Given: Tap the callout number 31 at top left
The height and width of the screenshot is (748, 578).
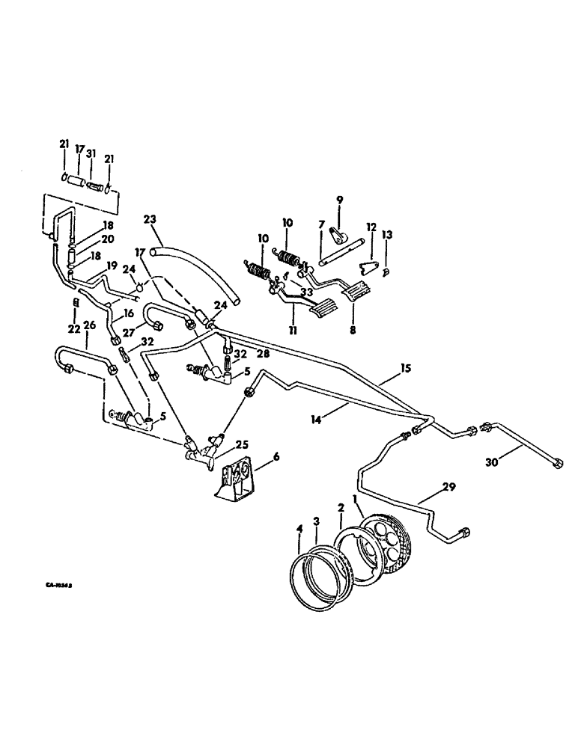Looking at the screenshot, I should [91, 153].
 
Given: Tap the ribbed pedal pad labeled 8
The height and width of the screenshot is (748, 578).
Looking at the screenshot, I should [356, 291].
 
